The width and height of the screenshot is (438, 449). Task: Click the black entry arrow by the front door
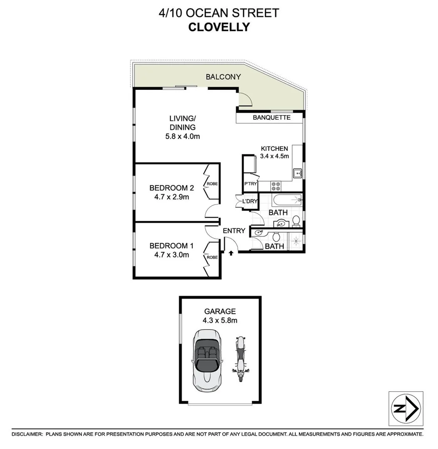tap(231, 252)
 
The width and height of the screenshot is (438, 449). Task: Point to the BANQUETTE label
tap(271, 118)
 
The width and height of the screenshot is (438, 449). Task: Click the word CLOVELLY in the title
tap(219, 27)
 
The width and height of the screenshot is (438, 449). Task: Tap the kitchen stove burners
tap(276, 185)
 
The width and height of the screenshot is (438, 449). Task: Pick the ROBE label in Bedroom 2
tap(212, 183)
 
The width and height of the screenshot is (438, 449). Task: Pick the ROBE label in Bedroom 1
tap(212, 257)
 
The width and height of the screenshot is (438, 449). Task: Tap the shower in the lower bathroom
tap(296, 241)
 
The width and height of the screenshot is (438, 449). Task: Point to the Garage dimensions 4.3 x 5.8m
tap(220, 320)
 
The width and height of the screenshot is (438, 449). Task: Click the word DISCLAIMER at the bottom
tap(27, 434)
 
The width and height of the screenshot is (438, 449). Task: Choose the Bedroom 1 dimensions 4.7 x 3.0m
tap(169, 254)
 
